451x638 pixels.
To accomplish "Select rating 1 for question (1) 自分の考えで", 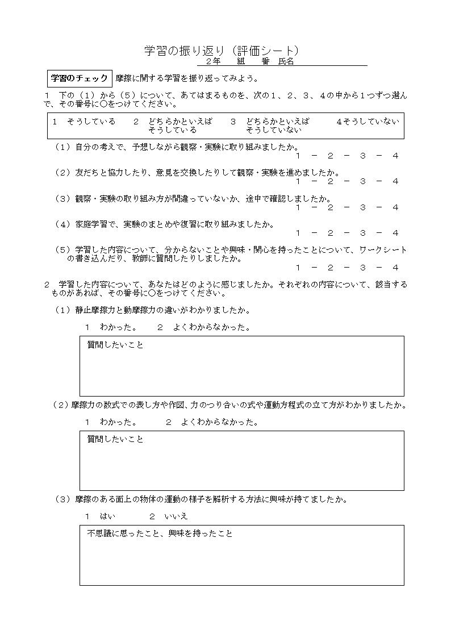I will click(x=298, y=156).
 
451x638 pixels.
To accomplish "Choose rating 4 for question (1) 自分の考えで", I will click(x=395, y=156).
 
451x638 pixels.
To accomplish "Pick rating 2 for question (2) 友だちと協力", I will click(x=330, y=181).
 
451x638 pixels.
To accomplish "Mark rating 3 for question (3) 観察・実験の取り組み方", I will click(x=362, y=207).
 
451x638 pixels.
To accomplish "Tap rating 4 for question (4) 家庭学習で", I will click(x=395, y=233).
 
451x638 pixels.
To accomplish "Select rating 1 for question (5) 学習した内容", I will click(x=298, y=268).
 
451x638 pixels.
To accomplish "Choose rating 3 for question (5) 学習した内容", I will click(x=362, y=268).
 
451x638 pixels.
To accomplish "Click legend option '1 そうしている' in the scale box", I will click(x=84, y=122).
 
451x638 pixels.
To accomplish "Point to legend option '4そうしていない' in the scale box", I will click(x=368, y=122).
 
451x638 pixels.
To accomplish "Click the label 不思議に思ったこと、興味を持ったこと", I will click(x=160, y=534).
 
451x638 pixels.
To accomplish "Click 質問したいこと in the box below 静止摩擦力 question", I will click(x=115, y=345).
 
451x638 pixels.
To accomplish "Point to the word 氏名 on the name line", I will click(x=286, y=62).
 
